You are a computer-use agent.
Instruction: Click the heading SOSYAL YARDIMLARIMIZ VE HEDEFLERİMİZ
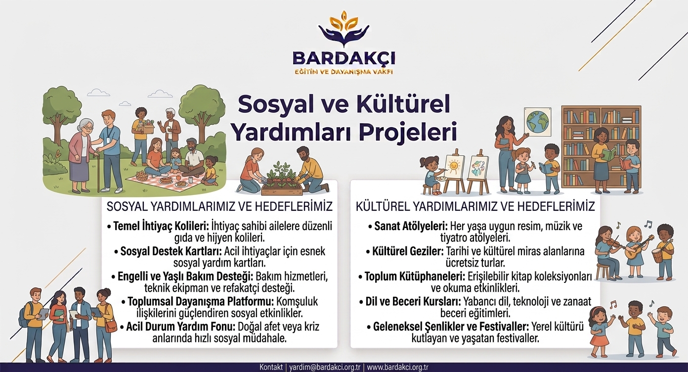(x=219, y=207)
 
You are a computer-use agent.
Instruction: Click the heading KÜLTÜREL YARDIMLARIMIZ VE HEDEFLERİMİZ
(x=475, y=206)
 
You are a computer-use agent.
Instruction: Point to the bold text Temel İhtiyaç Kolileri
(x=161, y=227)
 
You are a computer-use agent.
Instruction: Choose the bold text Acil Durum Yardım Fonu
(x=180, y=326)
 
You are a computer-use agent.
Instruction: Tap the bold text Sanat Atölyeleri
(x=411, y=226)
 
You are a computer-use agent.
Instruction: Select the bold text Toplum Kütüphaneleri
(x=415, y=277)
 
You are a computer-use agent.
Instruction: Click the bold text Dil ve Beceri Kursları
(x=413, y=302)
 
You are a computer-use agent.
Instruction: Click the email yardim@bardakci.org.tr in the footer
(x=325, y=367)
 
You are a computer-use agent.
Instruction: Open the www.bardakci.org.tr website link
(x=397, y=367)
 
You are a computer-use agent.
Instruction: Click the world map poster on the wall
(x=538, y=122)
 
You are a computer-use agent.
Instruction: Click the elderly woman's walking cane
(x=98, y=171)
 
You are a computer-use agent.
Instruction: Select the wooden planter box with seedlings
(x=282, y=187)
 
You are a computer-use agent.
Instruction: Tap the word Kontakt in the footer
(x=271, y=367)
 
